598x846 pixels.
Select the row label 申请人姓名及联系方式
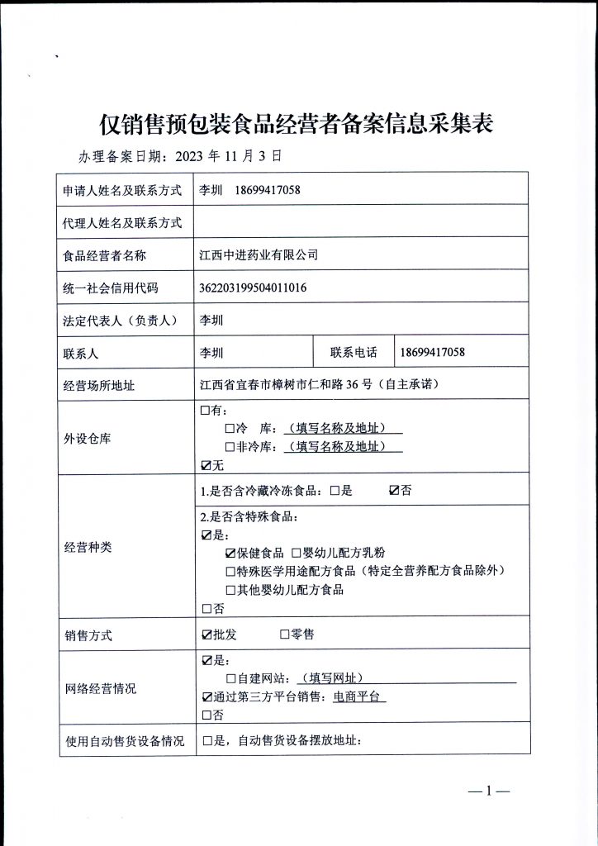coord(121,190)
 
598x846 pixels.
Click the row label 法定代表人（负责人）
coord(121,321)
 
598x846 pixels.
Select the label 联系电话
coord(354,353)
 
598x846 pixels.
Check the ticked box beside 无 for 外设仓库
coord(206,464)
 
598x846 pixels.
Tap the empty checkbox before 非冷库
coord(230,446)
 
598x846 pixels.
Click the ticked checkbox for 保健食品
coord(230,552)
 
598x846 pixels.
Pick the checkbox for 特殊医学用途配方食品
coord(230,571)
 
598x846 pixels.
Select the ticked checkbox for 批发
coord(206,635)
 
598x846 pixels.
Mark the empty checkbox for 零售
coord(284,635)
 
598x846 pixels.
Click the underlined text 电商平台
coord(359,696)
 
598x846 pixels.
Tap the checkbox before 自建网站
coord(230,678)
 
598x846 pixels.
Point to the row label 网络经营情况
coord(100,688)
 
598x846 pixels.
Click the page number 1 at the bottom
coord(488,792)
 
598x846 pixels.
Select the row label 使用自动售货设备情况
coord(124,741)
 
